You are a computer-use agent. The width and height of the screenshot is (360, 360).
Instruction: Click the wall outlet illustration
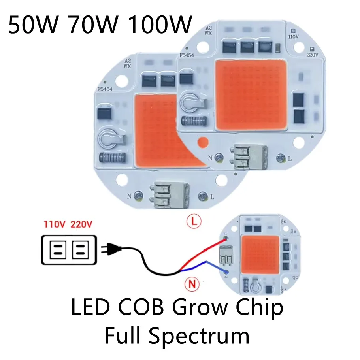[x=69, y=249]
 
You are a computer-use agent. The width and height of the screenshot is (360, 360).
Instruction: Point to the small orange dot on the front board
[x=204, y=141]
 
